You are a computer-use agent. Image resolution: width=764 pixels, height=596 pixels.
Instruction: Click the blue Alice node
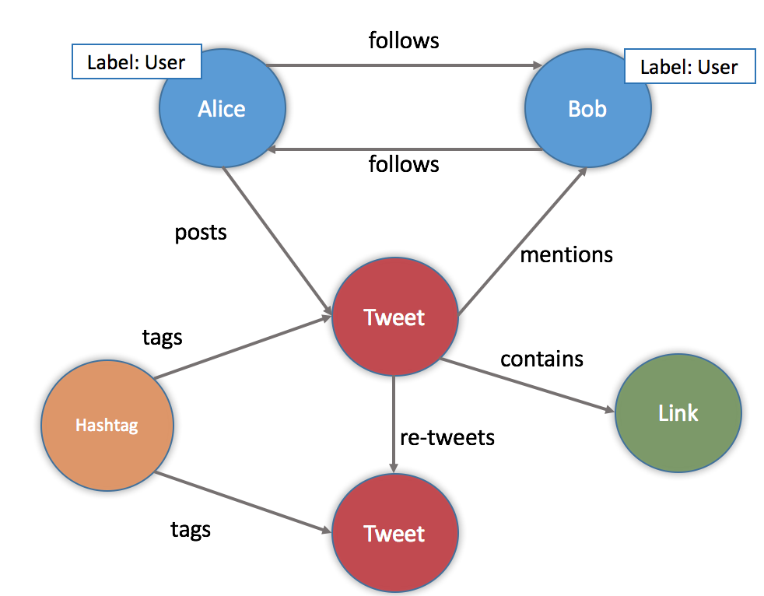222,109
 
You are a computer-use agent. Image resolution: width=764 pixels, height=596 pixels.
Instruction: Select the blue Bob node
587,109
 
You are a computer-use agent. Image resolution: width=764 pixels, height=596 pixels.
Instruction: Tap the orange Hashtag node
107,426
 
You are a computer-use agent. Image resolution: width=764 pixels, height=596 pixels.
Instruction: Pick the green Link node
678,413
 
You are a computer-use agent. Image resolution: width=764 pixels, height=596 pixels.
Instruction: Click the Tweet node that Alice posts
394,317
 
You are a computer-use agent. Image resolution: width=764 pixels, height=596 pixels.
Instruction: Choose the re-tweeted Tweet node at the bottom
394,534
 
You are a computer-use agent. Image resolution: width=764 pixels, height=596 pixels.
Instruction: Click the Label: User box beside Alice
136,62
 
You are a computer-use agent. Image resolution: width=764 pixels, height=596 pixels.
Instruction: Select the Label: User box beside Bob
689,67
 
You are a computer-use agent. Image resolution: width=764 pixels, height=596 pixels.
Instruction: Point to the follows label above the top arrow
404,40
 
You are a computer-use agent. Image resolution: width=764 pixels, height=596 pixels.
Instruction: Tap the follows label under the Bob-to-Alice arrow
404,164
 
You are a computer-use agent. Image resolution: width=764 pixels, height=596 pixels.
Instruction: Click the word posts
201,233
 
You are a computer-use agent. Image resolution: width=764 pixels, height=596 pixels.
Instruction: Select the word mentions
566,254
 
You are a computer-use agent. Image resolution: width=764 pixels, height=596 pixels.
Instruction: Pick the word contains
541,359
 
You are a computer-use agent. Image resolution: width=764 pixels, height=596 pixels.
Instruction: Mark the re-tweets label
447,437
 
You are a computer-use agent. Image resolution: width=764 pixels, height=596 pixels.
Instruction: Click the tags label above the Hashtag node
162,337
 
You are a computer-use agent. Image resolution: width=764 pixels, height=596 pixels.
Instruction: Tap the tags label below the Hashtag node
191,530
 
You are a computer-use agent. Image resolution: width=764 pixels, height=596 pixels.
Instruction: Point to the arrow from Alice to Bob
405,65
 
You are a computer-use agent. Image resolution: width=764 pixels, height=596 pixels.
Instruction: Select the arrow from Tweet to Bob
521,241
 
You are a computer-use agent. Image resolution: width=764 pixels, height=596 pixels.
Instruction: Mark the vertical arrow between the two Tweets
394,424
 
